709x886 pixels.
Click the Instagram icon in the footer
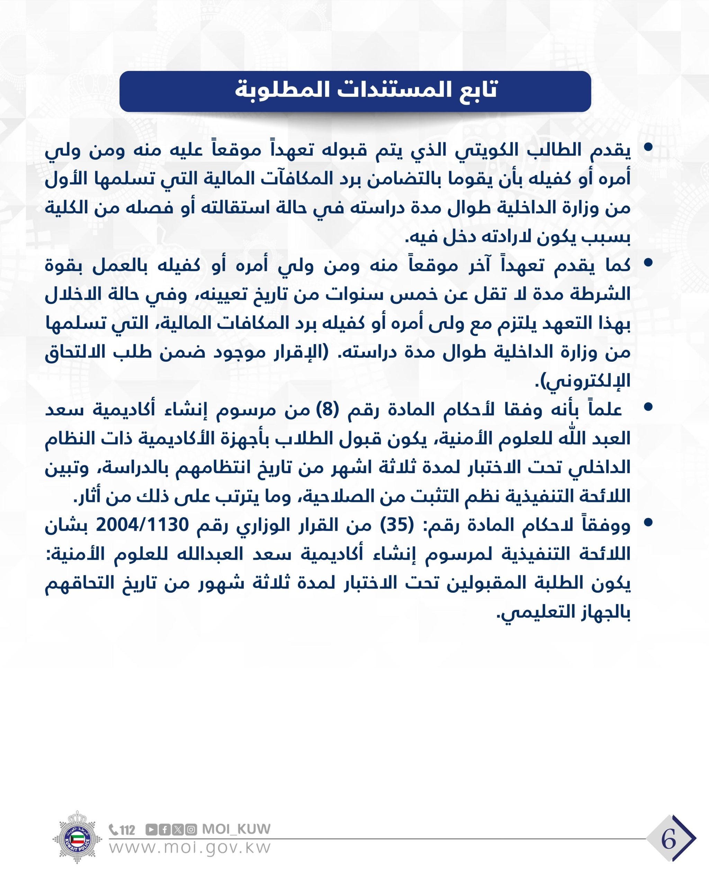[x=191, y=829]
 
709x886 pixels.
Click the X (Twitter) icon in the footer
[x=178, y=829]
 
